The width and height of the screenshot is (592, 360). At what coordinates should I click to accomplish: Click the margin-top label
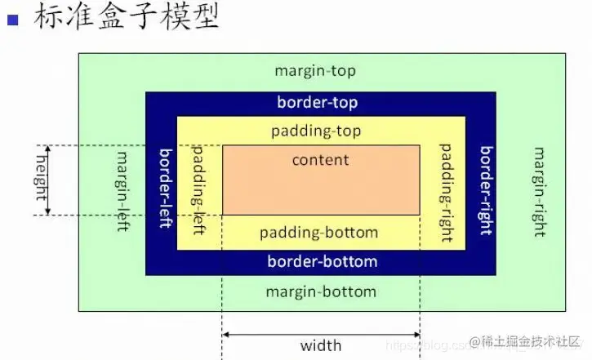(315, 71)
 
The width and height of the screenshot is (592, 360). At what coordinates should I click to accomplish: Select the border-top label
(317, 103)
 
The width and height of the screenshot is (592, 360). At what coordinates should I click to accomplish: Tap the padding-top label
(316, 131)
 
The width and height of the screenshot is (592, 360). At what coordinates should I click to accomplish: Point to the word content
(320, 160)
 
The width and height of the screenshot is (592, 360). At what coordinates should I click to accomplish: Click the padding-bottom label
(318, 233)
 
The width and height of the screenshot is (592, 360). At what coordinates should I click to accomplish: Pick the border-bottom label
(322, 262)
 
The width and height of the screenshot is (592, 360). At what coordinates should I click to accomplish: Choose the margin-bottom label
(321, 291)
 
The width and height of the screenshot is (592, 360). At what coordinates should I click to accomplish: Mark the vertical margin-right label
(539, 191)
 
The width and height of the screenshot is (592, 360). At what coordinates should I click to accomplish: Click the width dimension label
(321, 346)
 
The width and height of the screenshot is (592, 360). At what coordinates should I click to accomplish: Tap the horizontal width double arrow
(321, 333)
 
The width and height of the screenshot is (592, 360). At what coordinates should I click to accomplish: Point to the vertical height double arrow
(47, 180)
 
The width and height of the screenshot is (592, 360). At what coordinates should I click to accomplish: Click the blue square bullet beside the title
(12, 19)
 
